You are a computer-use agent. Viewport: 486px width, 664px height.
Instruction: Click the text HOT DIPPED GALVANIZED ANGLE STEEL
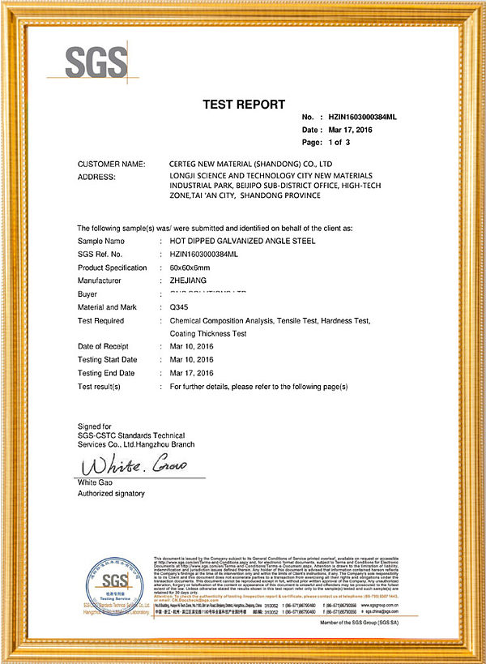[x=243, y=241]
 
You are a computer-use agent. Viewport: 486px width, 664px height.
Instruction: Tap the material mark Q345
[x=180, y=307]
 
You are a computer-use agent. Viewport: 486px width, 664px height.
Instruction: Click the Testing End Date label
[x=106, y=373]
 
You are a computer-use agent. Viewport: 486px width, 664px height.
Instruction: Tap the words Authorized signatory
[x=111, y=493]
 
